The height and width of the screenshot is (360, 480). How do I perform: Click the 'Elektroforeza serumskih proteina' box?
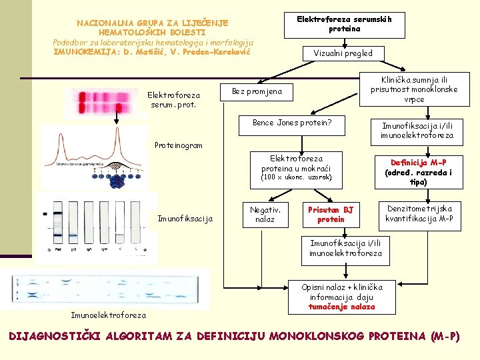coord(343,24)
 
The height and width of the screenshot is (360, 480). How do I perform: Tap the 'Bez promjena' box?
coord(257,91)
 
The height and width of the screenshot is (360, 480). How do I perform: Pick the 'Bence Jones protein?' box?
coord(292,123)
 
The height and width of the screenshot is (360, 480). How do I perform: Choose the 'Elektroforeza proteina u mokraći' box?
coord(296,168)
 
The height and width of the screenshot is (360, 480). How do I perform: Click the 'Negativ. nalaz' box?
coord(265,214)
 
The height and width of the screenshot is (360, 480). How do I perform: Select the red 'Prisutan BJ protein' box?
coord(331,215)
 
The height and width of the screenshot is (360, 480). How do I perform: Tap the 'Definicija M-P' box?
coord(418,172)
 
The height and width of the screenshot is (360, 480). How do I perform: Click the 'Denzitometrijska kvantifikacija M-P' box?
coord(420,214)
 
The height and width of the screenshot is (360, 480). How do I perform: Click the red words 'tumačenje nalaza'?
coord(341,307)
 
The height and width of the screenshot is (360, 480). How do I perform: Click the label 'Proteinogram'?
coord(178,145)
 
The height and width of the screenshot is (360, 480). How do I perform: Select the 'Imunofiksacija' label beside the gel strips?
coord(185,219)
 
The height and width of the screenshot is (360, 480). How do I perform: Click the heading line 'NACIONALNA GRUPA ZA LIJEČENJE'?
coord(152,23)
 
